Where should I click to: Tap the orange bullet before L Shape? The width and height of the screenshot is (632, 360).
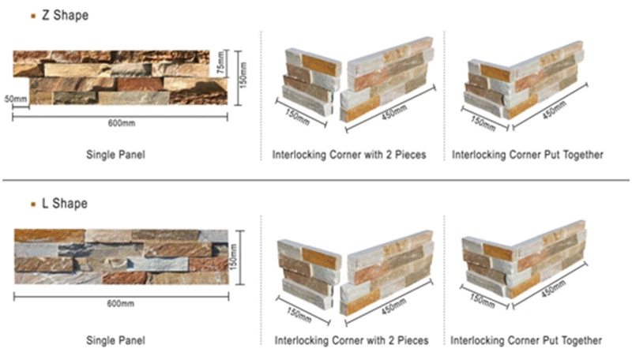click(32, 204)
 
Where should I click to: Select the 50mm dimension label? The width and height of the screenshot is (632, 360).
click(16, 99)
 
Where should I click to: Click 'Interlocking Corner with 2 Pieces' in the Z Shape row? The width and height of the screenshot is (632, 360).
click(349, 156)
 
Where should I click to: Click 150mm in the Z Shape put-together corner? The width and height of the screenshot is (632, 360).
click(483, 118)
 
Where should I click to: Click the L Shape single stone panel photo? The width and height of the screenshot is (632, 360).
click(121, 257)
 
